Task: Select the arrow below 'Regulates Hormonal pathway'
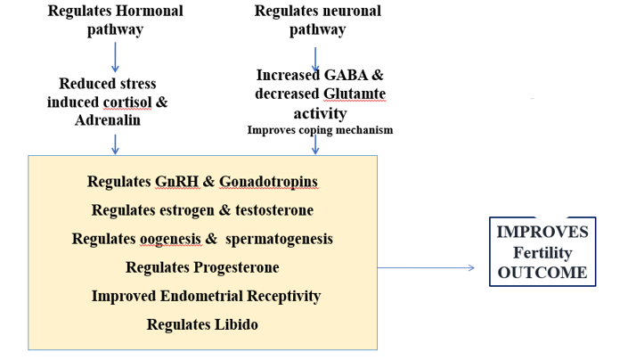115,56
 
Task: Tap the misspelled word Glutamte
355,94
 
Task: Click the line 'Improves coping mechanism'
320,130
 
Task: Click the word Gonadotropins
269,182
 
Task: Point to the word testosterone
270,210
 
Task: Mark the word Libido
235,324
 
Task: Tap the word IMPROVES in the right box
542,232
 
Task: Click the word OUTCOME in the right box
542,272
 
